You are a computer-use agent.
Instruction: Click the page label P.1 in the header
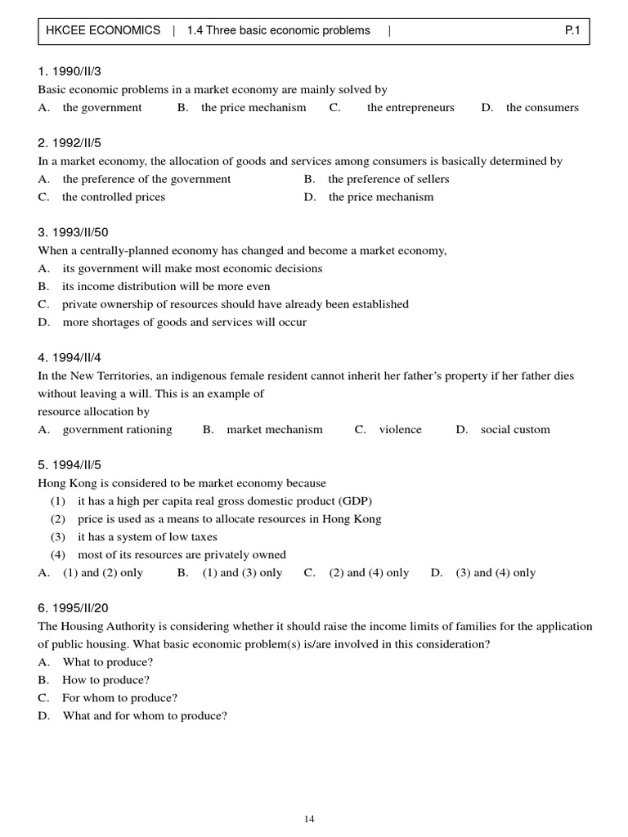pos(571,31)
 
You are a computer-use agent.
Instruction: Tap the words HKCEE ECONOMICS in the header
pos(103,31)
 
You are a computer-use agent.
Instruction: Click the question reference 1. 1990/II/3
pos(70,72)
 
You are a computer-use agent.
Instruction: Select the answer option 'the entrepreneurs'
pos(410,108)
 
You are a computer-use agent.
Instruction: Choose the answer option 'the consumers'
pos(542,108)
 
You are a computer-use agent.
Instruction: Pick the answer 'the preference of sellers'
pos(388,179)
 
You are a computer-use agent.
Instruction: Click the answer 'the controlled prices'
pos(114,197)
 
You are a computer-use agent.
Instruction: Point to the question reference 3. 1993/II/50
pos(74,233)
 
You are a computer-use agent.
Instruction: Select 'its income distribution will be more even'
pos(166,287)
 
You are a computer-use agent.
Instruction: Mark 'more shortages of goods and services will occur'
pos(184,322)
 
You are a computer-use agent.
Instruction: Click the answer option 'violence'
pos(400,430)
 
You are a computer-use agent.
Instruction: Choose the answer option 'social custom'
pos(515,430)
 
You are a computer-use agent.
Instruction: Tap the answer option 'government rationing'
pos(117,430)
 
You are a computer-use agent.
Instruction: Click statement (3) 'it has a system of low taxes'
pos(147,537)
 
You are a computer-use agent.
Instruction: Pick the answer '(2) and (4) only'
pos(369,573)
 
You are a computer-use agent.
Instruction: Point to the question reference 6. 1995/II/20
pos(74,609)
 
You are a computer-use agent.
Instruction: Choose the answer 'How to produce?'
pos(106,680)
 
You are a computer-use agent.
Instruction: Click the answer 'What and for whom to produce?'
pos(145,716)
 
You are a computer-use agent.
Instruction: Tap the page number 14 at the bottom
pos(308,819)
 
